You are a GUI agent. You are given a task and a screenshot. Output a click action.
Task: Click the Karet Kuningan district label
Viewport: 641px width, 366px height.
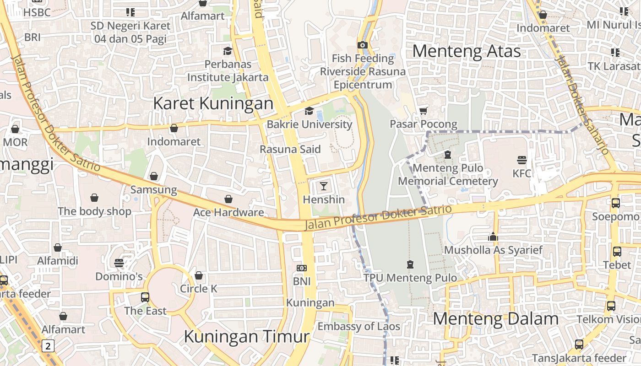(213, 103)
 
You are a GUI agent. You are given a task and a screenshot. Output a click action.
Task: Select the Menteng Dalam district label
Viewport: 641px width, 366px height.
(495, 319)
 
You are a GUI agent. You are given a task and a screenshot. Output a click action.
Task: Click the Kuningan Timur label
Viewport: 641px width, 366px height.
(246, 337)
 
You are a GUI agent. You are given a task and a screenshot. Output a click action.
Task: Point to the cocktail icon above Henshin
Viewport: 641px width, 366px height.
(324, 186)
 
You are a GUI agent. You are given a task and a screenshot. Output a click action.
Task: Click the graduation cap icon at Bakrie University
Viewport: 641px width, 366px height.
(309, 111)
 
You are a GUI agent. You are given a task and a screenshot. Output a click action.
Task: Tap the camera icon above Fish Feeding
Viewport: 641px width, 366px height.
(362, 45)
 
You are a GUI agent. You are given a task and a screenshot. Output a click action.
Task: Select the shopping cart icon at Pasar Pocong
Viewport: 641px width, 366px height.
(424, 111)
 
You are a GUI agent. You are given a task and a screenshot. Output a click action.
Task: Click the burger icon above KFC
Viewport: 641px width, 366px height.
(521, 160)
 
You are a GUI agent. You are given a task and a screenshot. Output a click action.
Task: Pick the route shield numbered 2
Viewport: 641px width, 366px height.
(48, 345)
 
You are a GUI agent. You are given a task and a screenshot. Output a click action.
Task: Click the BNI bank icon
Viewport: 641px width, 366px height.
(301, 268)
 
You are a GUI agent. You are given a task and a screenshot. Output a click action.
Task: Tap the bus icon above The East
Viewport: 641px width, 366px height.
(145, 297)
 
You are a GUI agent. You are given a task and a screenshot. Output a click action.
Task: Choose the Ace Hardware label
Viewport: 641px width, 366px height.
(228, 212)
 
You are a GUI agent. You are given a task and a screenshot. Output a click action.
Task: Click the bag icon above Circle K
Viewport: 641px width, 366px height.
(198, 275)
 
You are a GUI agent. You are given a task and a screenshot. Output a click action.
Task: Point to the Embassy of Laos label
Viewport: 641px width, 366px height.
(359, 326)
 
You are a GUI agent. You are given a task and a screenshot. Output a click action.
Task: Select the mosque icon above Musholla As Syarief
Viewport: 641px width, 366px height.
(493, 237)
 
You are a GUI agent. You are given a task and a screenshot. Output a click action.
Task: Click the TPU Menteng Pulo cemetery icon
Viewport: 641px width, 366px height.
(410, 264)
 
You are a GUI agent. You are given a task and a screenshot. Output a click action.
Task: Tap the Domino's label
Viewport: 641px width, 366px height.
(119, 276)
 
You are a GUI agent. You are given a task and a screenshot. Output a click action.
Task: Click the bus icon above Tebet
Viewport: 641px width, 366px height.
(617, 251)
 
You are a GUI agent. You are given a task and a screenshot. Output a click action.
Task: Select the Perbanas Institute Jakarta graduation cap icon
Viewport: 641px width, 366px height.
(228, 51)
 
